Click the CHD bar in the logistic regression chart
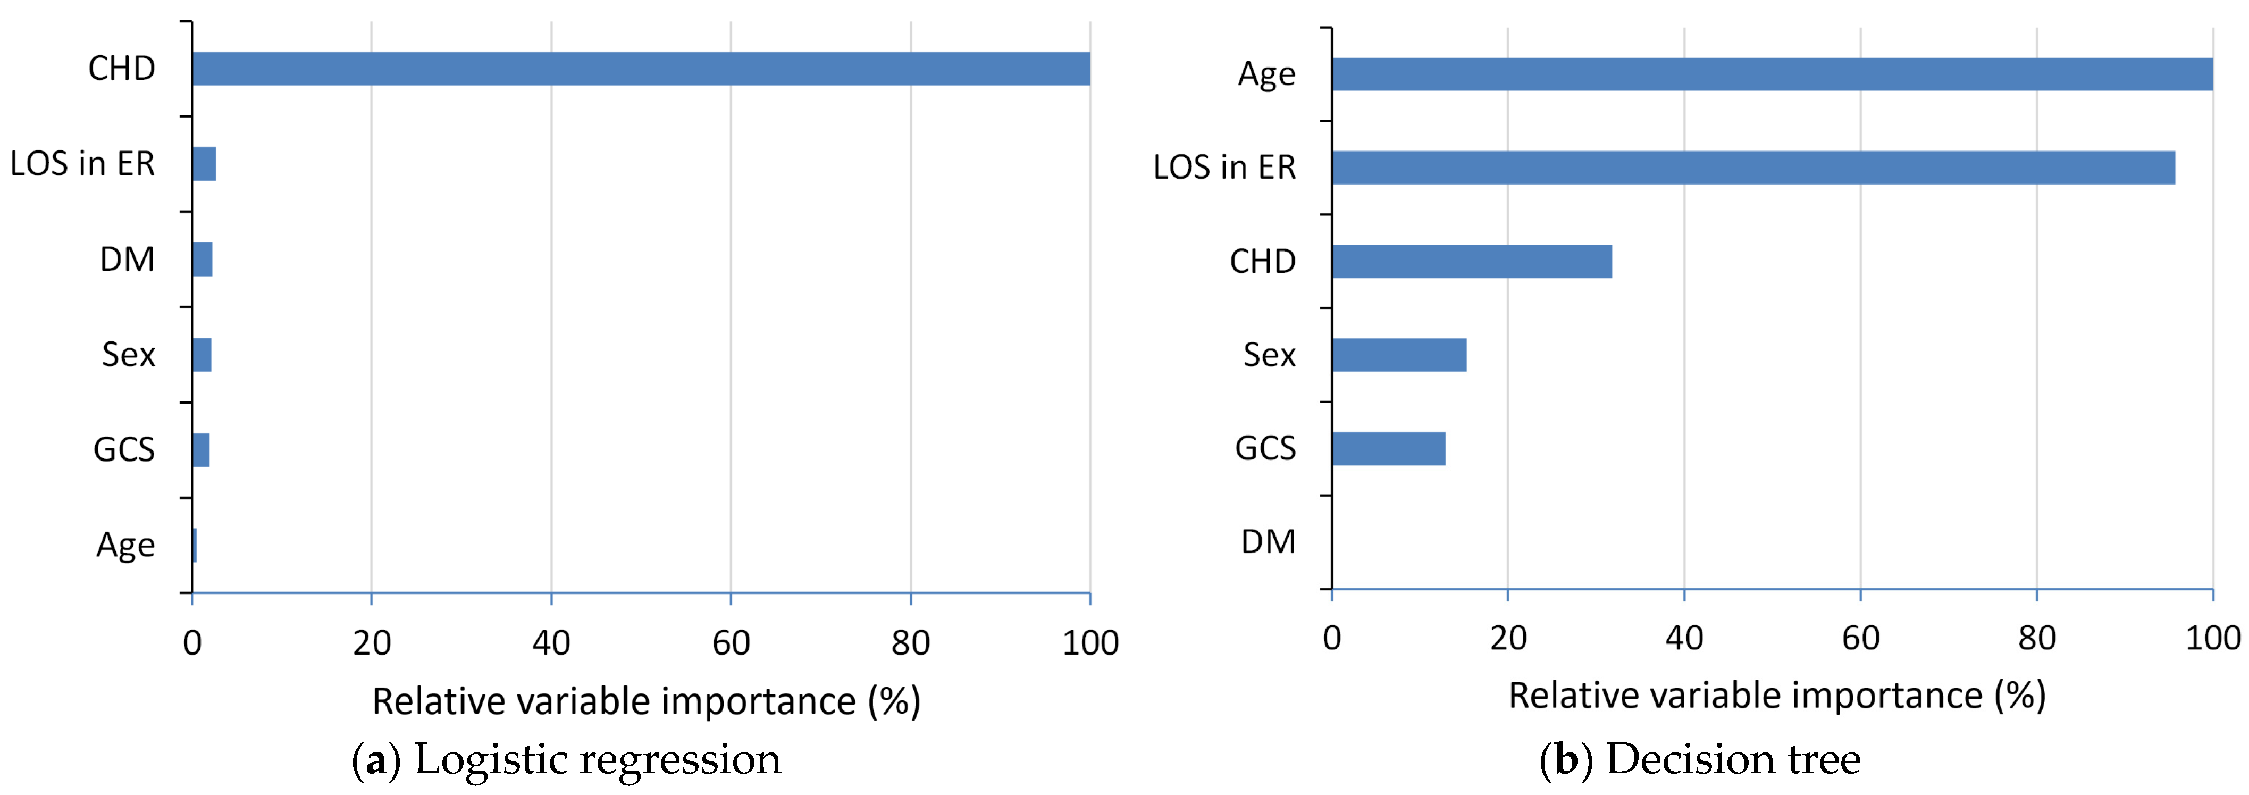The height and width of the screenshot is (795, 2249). point(641,69)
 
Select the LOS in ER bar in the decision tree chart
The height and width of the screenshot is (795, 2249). point(1753,168)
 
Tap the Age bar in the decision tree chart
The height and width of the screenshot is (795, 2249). point(1772,74)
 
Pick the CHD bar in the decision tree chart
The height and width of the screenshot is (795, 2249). point(1472,261)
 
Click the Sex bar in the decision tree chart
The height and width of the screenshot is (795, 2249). point(1399,355)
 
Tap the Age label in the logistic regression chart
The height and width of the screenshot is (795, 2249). point(125,545)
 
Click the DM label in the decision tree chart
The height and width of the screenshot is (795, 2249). point(1269,542)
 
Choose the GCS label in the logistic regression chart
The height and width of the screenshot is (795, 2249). point(124,450)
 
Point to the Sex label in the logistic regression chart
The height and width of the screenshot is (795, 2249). point(128,355)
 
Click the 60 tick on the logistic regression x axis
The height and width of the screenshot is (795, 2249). point(731,643)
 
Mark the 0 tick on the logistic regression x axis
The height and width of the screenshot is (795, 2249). point(192,643)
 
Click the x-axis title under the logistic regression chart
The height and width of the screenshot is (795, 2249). point(646,701)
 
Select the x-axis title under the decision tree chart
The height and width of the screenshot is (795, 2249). point(1777,696)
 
